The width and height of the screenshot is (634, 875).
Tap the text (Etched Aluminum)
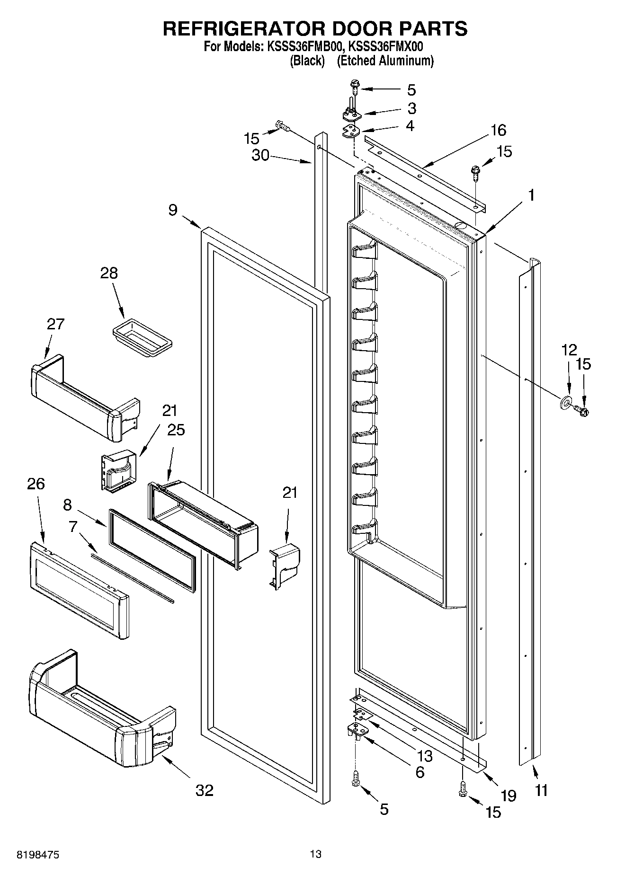point(385,61)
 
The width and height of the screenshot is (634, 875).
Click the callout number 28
point(109,273)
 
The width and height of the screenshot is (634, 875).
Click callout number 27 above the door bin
point(55,324)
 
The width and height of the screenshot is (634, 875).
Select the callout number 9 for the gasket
point(173,210)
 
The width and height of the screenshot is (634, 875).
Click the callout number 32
point(205,790)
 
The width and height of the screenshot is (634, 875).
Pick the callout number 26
point(36,484)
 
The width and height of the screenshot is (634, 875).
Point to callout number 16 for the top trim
point(498,130)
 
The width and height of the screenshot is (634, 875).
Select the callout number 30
point(260,155)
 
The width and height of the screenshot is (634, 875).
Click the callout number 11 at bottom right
point(541,790)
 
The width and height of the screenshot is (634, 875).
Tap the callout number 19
point(508,795)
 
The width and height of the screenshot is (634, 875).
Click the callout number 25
point(176,430)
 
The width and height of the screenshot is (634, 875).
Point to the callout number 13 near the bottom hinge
point(425,756)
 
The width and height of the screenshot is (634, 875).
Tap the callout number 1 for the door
point(532,195)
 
